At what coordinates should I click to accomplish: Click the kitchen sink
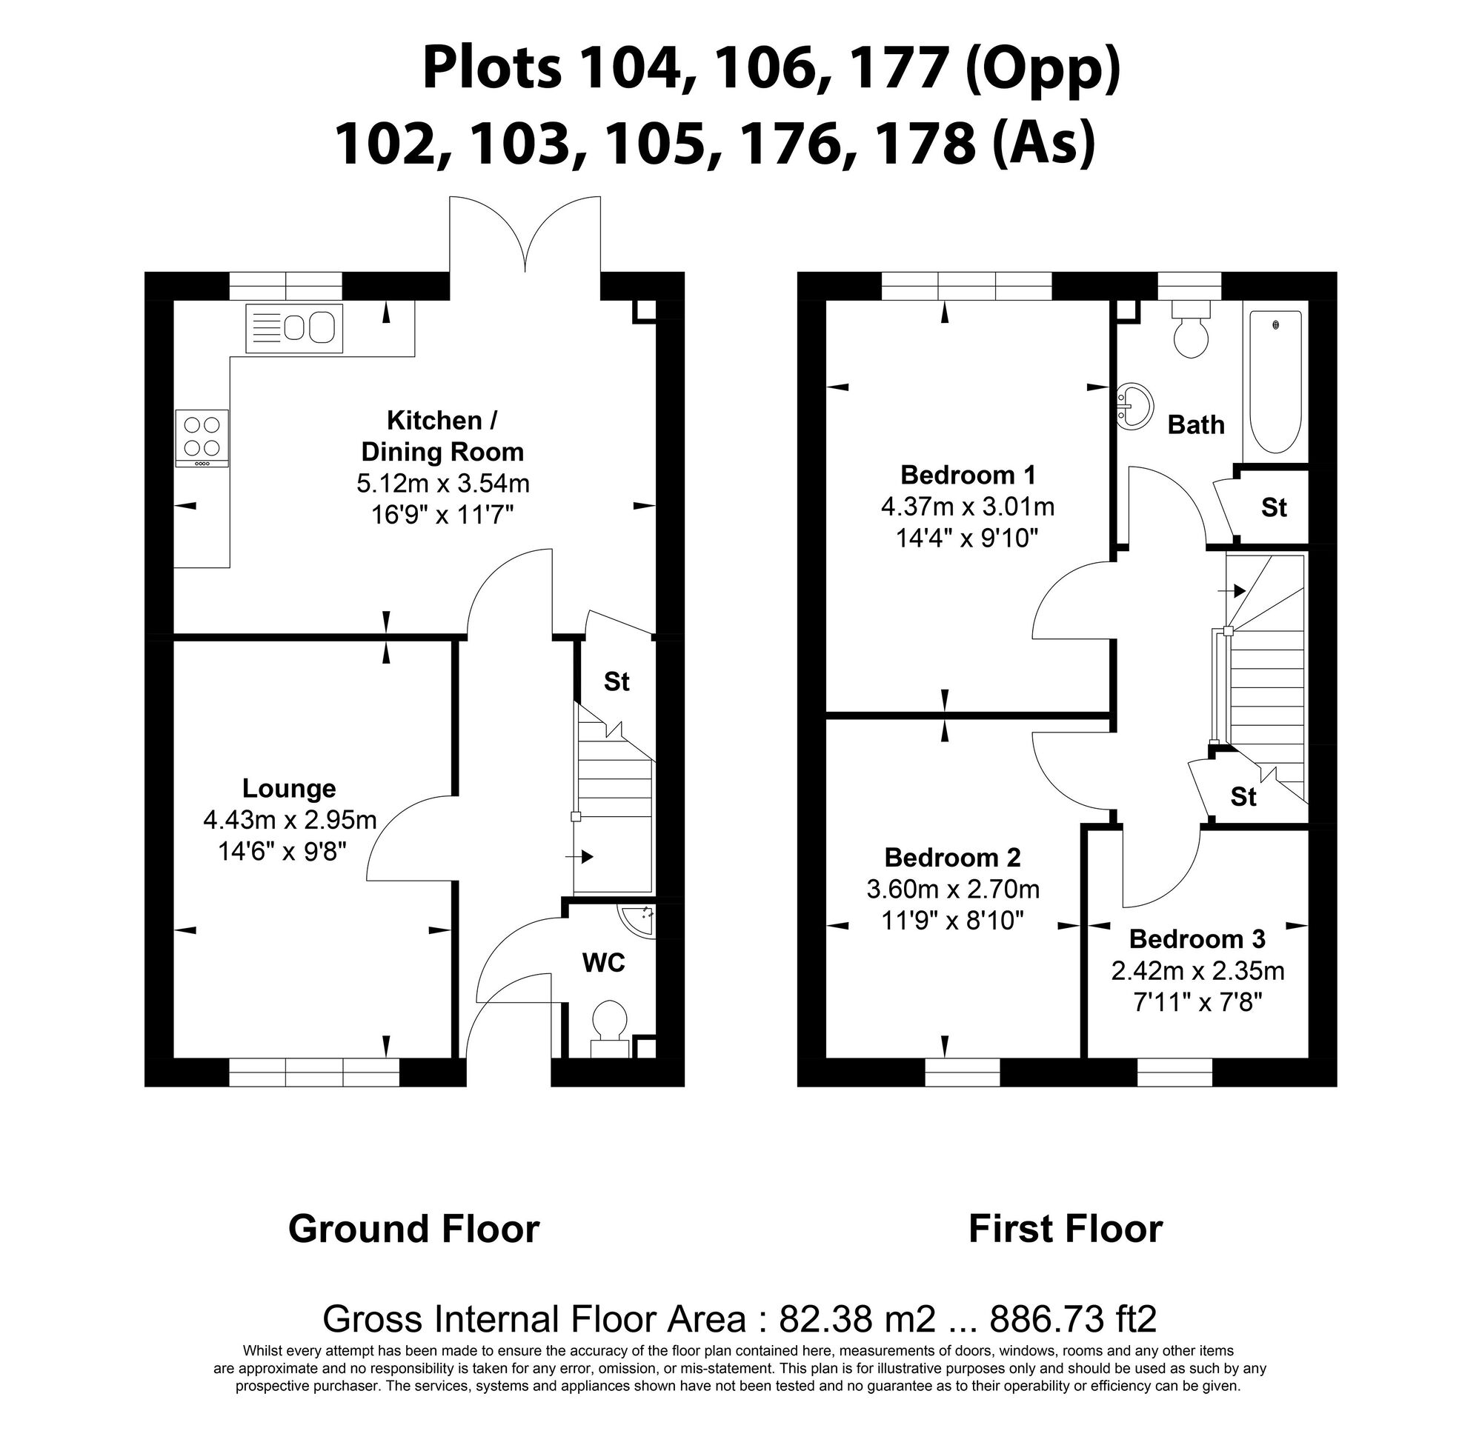pyautogui.click(x=293, y=329)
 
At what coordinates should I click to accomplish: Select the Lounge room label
pyautogui.click(x=289, y=788)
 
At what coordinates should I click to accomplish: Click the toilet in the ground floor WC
pyautogui.click(x=609, y=1023)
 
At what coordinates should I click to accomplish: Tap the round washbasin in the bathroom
pyautogui.click(x=1134, y=403)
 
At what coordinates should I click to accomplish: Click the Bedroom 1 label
pyautogui.click(x=968, y=475)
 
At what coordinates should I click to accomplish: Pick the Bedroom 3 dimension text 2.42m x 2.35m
pyautogui.click(x=1197, y=970)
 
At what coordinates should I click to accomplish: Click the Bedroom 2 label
pyautogui.click(x=952, y=857)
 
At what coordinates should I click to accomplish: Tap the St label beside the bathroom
pyautogui.click(x=1274, y=507)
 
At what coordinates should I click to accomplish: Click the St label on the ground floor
pyautogui.click(x=617, y=681)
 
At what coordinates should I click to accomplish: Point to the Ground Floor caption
pyautogui.click(x=414, y=1228)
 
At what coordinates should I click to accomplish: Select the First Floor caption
pyautogui.click(x=1065, y=1228)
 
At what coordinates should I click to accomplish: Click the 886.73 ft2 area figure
pyautogui.click(x=1073, y=1318)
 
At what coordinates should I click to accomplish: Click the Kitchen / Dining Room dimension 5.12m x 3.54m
pyautogui.click(x=443, y=483)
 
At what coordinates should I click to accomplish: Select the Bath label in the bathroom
pyautogui.click(x=1196, y=424)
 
